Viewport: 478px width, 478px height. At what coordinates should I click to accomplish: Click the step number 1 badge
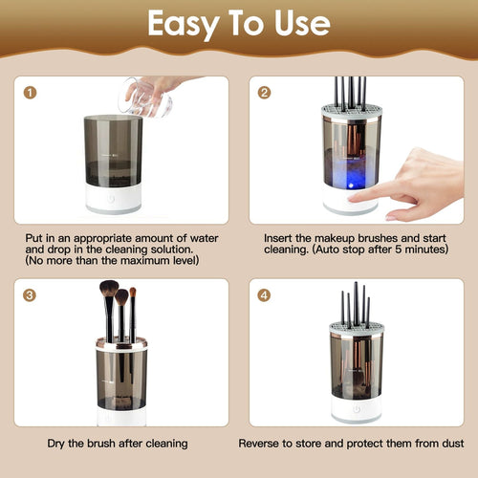(32, 93)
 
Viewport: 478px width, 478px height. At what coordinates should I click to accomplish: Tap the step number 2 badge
(264, 93)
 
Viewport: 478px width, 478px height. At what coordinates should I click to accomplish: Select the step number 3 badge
(32, 294)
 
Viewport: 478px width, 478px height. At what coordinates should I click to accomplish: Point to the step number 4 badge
(264, 294)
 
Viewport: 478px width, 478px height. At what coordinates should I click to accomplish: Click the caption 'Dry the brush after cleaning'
(117, 444)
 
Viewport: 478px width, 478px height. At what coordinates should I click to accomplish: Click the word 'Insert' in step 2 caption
(278, 234)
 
